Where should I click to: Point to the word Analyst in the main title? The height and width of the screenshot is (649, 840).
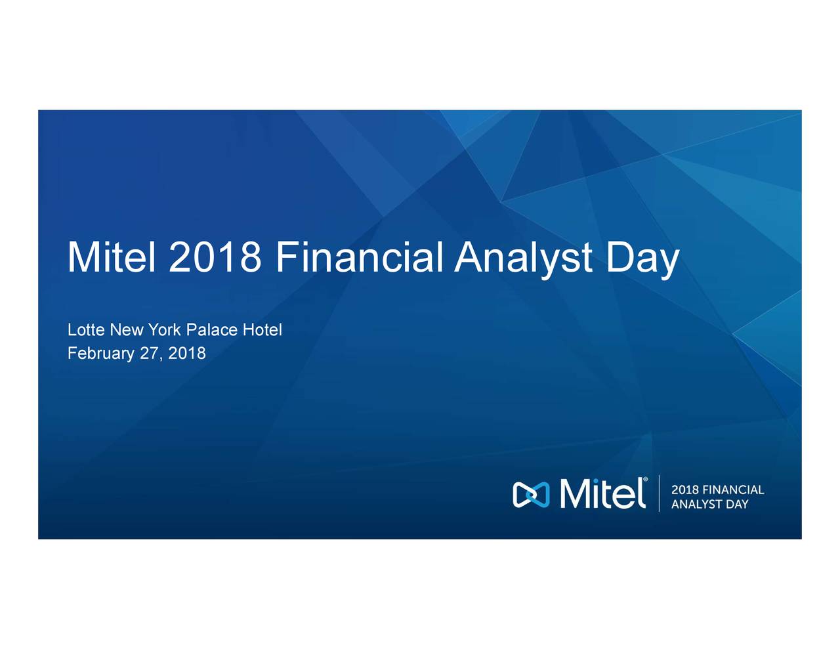(x=524, y=258)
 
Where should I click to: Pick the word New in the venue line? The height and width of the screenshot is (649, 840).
(x=127, y=329)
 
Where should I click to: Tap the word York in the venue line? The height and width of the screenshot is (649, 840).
(x=164, y=329)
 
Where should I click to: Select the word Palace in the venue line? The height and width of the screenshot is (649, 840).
(x=212, y=329)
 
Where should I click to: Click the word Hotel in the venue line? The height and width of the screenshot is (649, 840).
(x=262, y=329)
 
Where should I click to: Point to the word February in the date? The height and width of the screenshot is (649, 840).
(x=101, y=354)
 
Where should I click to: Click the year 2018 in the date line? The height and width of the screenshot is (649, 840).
(x=187, y=353)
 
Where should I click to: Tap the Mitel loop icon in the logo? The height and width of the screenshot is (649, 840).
(x=530, y=494)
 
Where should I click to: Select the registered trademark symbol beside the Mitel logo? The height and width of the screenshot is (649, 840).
(x=646, y=480)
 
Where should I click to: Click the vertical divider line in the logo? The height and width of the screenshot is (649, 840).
(x=659, y=493)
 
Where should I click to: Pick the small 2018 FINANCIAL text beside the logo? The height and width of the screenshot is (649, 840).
(x=717, y=490)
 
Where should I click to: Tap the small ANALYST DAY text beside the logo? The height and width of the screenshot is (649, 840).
(x=709, y=504)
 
